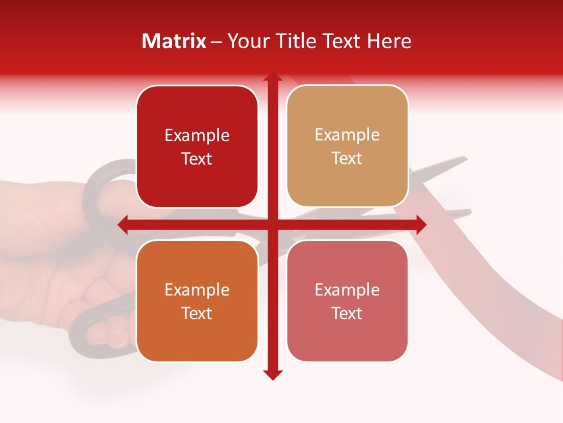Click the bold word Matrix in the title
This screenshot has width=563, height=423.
click(174, 41)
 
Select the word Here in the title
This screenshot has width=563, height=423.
click(389, 41)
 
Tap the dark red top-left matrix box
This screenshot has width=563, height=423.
click(197, 147)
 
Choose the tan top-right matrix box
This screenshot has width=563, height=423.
click(347, 146)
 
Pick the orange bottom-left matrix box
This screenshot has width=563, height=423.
click(197, 301)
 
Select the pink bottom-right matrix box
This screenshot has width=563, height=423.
click(347, 301)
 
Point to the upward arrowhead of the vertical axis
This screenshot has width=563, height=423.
click(272, 78)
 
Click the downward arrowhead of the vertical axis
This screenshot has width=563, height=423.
click(272, 374)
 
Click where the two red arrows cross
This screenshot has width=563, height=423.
click(272, 224)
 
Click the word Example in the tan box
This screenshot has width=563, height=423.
click(347, 135)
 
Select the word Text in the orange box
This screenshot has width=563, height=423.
click(197, 313)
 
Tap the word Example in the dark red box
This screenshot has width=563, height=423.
click(197, 136)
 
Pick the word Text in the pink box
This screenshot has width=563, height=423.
click(347, 313)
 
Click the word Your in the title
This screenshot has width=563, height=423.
click(246, 41)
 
